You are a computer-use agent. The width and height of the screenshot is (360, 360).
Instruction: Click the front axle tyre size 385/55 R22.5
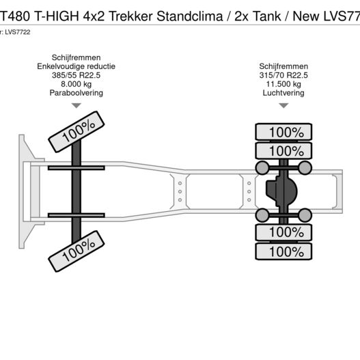point(77,75)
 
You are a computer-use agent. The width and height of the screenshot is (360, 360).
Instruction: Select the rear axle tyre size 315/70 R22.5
point(283,75)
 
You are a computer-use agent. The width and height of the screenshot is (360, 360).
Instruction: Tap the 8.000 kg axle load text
point(77,84)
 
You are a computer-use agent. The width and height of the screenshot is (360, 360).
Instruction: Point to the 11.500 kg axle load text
point(283,84)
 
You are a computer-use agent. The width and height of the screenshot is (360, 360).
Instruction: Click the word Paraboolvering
point(77,93)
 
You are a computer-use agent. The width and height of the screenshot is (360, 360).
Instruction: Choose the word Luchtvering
point(283,93)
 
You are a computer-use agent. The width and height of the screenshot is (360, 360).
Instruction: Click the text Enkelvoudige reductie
point(77,66)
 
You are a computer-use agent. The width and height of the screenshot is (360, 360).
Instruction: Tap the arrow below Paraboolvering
point(77,106)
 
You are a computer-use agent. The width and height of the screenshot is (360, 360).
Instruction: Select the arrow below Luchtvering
point(283,106)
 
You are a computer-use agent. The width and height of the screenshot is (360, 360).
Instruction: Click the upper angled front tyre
point(77,132)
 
